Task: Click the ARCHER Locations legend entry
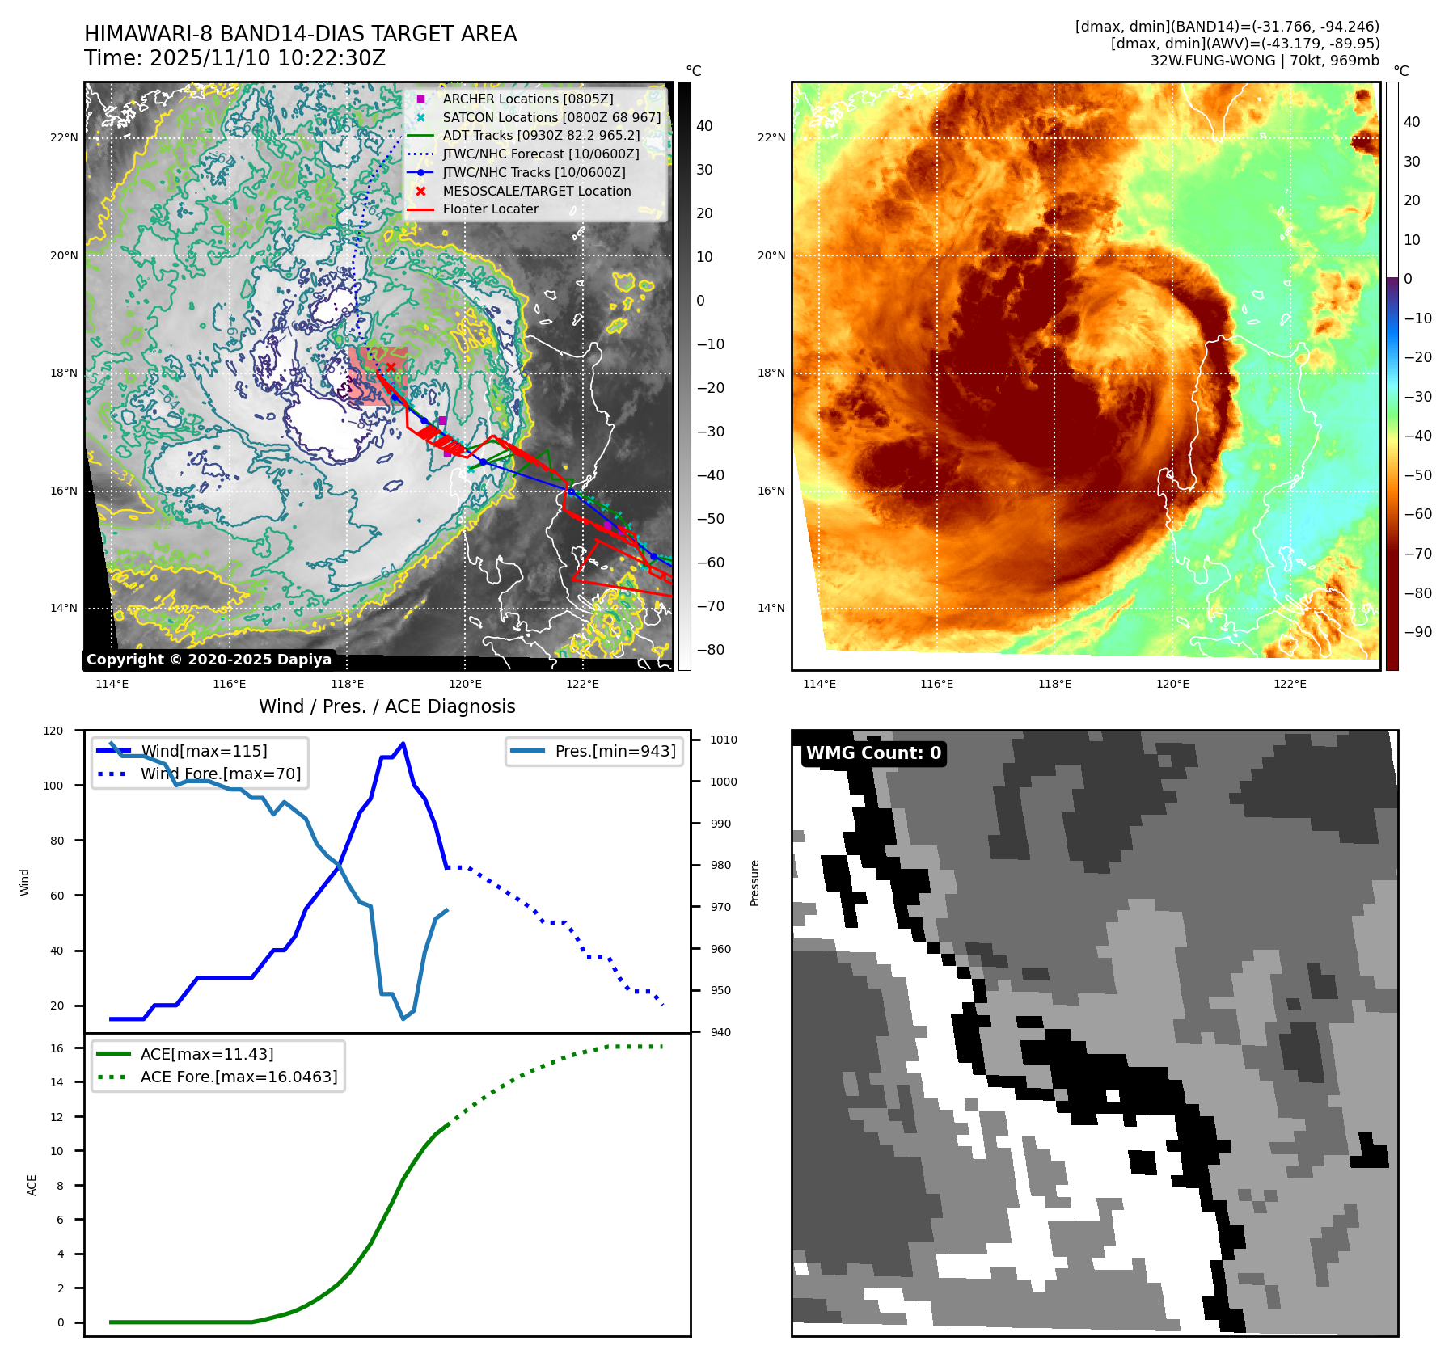tap(527, 99)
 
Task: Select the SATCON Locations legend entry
tap(551, 117)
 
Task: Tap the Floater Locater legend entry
tap(490, 209)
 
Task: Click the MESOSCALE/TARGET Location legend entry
tap(536, 191)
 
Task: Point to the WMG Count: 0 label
tap(873, 753)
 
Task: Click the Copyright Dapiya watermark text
tap(209, 660)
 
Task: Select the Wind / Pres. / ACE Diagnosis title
tap(386, 706)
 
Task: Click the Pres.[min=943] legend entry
tap(615, 751)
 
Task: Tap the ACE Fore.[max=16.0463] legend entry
tap(239, 1077)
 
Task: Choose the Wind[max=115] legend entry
tap(204, 751)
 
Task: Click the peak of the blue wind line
tap(403, 744)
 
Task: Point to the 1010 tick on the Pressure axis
tap(723, 740)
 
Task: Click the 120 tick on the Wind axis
tap(53, 731)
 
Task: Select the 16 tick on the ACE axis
tap(57, 1048)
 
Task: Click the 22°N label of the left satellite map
tap(64, 137)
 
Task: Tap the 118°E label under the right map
tap(1054, 684)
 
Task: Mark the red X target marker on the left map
tap(391, 367)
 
